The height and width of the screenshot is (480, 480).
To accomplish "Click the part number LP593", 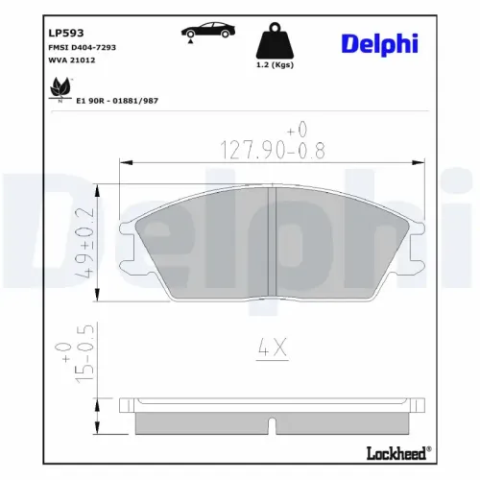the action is tap(66, 33).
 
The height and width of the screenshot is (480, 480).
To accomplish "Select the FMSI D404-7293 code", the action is tap(82, 47).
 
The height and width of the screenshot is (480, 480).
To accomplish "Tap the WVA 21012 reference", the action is tap(72, 60).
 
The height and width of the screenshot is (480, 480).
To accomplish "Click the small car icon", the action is tap(208, 31).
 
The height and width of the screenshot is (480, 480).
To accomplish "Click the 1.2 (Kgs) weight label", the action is tap(275, 65).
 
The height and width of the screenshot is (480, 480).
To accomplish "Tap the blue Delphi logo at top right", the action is tap(379, 44).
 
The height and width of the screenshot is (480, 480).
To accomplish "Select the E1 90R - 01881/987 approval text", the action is tap(117, 101).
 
